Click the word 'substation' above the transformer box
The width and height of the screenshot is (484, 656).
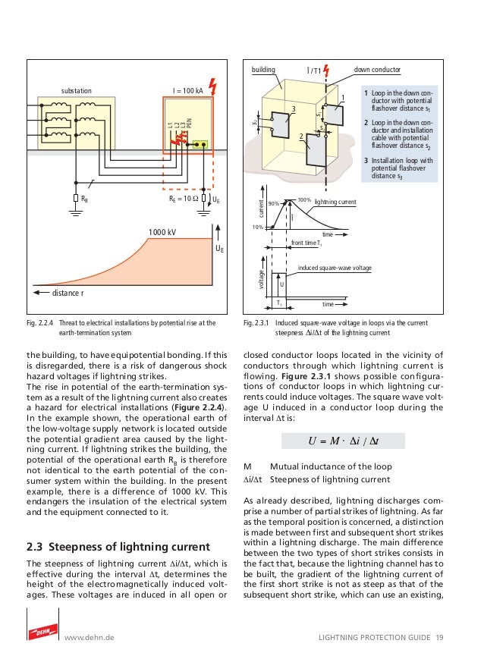tap(77, 90)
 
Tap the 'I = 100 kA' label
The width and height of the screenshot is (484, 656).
tap(187, 90)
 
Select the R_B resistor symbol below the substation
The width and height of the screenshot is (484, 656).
tap(75, 199)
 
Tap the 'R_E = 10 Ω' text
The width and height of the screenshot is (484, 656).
tap(184, 199)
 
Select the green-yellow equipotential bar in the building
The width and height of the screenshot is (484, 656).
tap(200, 144)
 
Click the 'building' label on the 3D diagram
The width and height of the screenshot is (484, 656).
tap(266, 70)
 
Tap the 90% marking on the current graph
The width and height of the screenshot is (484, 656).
tap(273, 203)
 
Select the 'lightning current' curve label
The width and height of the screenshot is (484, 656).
tap(335, 202)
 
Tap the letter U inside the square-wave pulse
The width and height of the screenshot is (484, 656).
tap(281, 285)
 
